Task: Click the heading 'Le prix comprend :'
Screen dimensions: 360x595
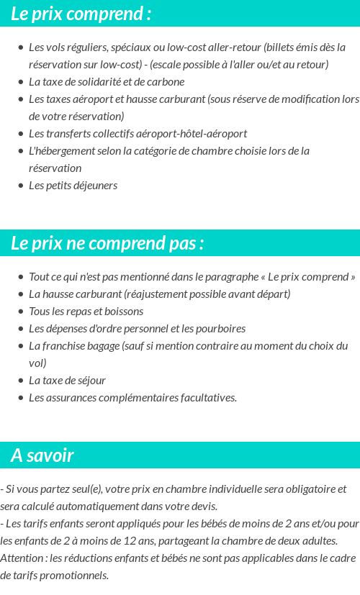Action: tap(81, 14)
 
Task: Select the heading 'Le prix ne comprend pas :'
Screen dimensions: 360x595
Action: tap(107, 243)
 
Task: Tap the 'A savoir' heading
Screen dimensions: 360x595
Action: tap(42, 455)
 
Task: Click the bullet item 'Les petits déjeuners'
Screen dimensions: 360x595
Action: tap(73, 186)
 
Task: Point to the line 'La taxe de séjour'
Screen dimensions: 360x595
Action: tap(67, 381)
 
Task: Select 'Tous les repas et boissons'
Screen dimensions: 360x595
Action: tap(86, 312)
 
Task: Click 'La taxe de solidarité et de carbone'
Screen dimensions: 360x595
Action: tap(107, 82)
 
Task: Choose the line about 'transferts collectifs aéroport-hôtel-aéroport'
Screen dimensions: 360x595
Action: tap(138, 134)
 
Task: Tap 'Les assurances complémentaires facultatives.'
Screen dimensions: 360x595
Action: tap(132, 398)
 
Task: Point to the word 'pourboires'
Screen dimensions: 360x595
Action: tap(220, 329)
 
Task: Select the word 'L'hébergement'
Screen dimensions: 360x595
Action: tap(60, 151)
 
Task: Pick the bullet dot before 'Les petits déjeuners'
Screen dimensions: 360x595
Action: tap(20, 186)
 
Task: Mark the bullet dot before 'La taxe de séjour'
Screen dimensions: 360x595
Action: tap(20, 381)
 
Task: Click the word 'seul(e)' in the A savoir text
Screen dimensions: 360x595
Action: tap(84, 489)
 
